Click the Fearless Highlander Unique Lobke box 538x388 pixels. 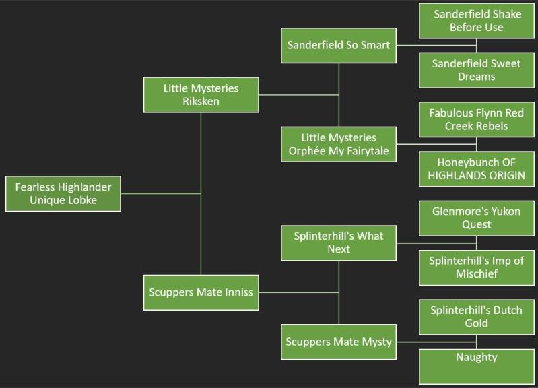63,193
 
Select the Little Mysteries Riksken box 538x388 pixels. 201,94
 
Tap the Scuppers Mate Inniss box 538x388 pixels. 201,292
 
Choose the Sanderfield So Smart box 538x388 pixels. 338,46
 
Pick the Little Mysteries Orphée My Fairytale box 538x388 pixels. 338,144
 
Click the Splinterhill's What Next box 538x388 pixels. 338,243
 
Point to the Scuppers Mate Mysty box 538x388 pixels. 338,342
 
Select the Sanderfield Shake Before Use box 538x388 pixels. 477,21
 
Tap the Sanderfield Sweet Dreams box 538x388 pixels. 477,70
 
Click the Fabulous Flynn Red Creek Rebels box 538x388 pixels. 477,119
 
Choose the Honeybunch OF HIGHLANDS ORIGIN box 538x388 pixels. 477,169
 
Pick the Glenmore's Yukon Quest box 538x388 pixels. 477,218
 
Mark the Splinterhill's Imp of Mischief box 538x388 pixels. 477,267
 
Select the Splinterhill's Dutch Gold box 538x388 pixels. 477,317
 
